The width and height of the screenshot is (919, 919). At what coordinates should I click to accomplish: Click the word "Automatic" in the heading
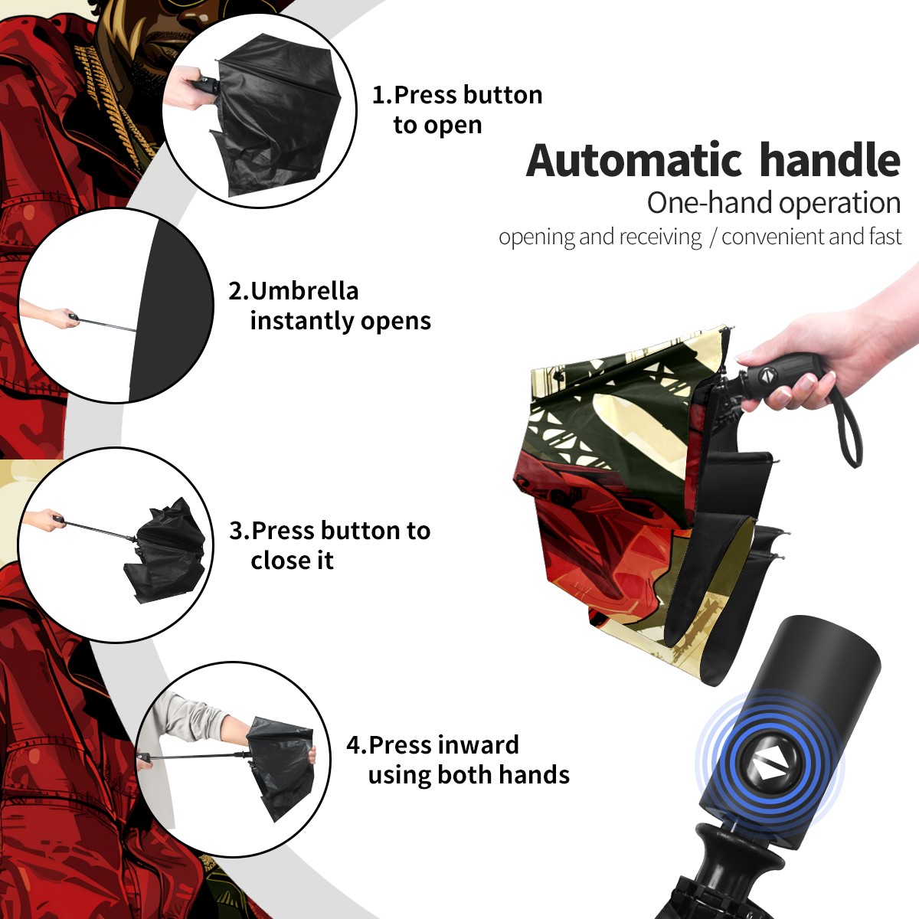click(634, 161)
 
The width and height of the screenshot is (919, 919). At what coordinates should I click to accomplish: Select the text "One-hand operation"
click(773, 203)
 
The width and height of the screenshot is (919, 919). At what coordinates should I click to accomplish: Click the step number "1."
click(382, 95)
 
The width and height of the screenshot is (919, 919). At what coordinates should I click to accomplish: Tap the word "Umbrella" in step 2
click(304, 291)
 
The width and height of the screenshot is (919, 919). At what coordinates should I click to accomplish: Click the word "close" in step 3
click(279, 561)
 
